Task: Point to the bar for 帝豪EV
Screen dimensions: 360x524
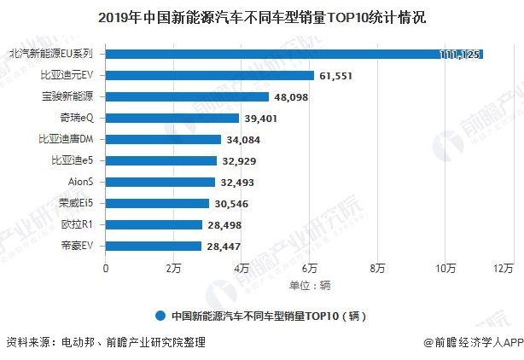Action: (154, 246)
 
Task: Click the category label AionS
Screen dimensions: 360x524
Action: (80, 182)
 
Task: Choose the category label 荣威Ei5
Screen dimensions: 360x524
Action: (75, 203)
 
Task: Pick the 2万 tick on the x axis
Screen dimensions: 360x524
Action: (173, 268)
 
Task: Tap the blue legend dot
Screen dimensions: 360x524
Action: (160, 315)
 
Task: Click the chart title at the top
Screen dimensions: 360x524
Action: (262, 16)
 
